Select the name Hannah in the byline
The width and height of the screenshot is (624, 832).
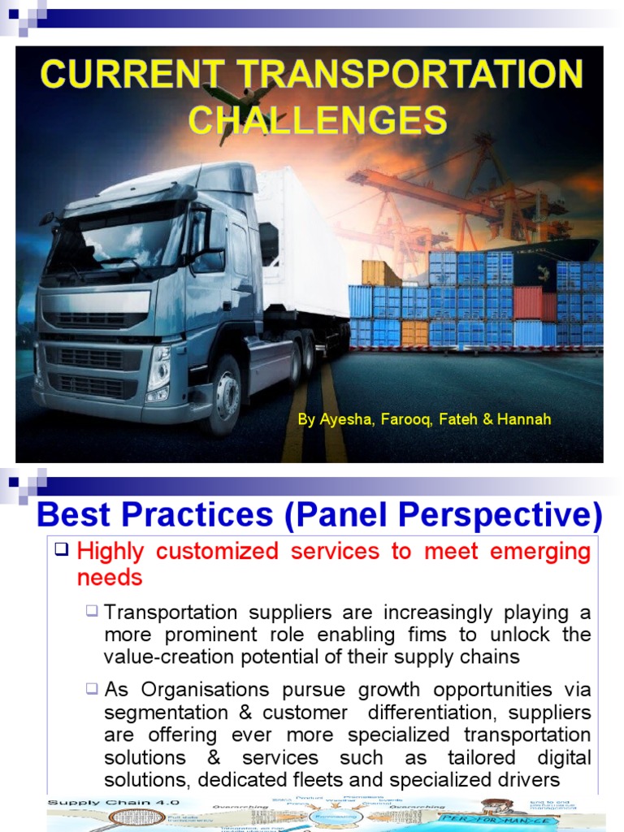(x=528, y=419)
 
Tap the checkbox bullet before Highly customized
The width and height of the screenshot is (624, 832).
(x=62, y=550)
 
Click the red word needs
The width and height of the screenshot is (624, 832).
(x=110, y=578)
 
